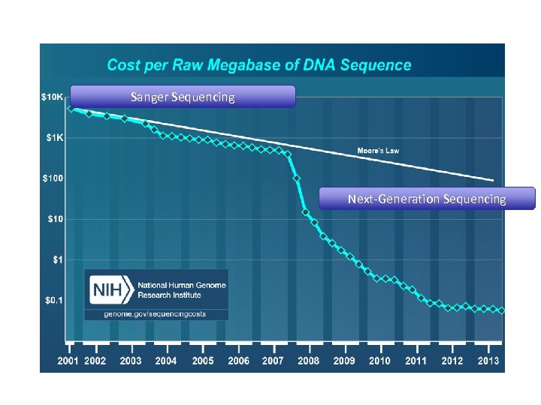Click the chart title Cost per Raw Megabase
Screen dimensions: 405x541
259,64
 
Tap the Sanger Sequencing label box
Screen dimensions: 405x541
183,97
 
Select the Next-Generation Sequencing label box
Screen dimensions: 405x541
426,199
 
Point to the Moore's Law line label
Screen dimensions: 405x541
378,151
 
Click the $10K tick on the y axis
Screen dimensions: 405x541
51,97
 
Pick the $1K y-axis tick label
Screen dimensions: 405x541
54,138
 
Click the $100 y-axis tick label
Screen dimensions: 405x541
53,178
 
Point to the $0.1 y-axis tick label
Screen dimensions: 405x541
55,300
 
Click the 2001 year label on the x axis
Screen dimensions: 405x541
70,361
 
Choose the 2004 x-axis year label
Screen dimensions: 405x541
166,361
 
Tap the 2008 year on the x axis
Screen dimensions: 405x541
308,361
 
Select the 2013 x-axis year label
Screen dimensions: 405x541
489,361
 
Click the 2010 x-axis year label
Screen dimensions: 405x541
379,361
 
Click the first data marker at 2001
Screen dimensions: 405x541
70,109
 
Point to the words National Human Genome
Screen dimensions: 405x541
180,285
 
